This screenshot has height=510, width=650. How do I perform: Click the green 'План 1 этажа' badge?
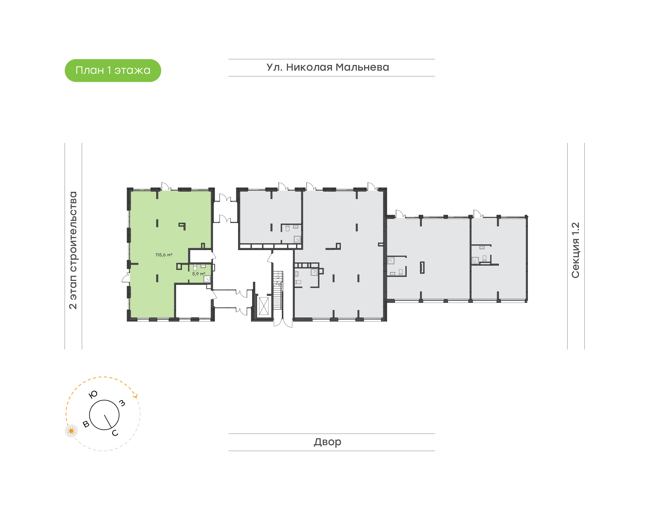tap(113, 70)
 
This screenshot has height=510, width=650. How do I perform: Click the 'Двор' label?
tap(327, 442)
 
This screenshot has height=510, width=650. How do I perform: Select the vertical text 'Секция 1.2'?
tap(575, 250)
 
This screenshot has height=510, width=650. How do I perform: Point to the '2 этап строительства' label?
tap(73, 250)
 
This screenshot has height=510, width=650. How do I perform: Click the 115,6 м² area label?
tap(164, 255)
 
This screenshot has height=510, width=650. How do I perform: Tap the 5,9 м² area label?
tap(199, 274)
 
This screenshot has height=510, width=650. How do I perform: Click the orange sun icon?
tap(71, 431)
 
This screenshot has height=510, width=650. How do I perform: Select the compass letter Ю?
tap(93, 394)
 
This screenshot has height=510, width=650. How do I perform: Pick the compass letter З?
tap(122, 403)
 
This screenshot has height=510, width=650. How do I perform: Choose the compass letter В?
tap(86, 424)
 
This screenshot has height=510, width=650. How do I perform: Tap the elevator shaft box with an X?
tap(264, 306)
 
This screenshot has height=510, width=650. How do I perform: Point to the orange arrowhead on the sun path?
tap(136, 396)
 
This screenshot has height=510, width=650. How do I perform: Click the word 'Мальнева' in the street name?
tap(362, 67)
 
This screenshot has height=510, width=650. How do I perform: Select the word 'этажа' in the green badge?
tap(132, 70)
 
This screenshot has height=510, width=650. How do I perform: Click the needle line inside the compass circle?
tap(108, 421)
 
